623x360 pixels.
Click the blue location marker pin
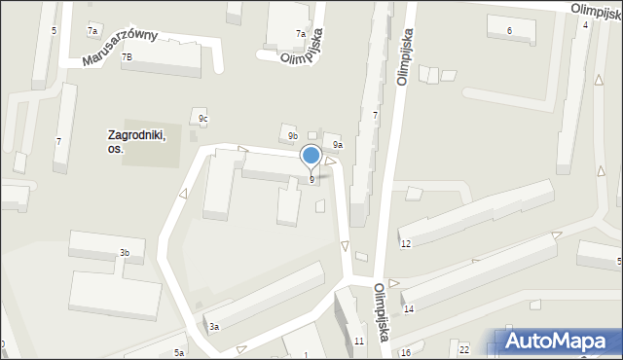[x=311, y=156]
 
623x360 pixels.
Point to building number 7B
[x=127, y=57]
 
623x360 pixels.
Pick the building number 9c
[x=203, y=119]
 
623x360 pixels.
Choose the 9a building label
[x=337, y=144]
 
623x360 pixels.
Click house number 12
[x=406, y=242]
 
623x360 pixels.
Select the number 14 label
[x=409, y=308]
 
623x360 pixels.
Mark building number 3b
[x=125, y=253]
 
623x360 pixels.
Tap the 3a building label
[x=213, y=327]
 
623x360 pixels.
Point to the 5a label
[x=179, y=352]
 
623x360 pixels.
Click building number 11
[x=359, y=341]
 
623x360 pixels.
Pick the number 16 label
[x=406, y=352]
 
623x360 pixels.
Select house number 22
[x=464, y=349]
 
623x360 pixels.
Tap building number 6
[x=509, y=31]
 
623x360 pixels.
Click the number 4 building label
[x=585, y=24]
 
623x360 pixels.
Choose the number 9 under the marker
[x=311, y=179]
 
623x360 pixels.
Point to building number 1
[x=309, y=355]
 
